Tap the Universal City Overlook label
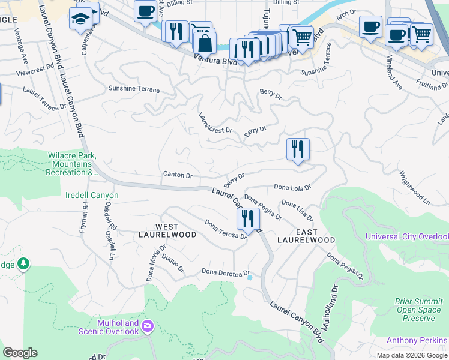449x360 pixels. click(x=406, y=237)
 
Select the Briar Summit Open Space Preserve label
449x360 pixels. click(x=419, y=310)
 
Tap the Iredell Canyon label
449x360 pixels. click(x=92, y=196)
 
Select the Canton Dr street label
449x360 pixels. click(x=177, y=176)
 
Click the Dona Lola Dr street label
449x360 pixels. click(x=292, y=187)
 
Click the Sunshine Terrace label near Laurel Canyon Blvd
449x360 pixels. click(x=134, y=89)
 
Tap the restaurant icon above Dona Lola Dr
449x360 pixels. click(x=298, y=149)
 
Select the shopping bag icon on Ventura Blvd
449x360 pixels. click(x=205, y=43)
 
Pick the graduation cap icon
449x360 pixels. click(x=79, y=20)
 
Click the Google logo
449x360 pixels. click(x=20, y=353)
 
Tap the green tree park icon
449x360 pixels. click(x=23, y=263)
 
